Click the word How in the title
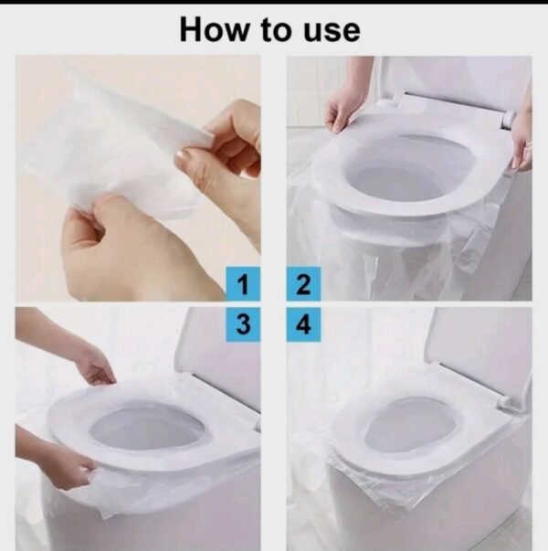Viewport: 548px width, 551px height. point(214,29)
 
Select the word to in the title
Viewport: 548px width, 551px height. point(276,30)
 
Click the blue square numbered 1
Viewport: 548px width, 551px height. point(243,284)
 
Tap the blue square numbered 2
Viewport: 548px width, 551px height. point(303,284)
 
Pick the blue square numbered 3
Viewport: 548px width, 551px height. point(243,324)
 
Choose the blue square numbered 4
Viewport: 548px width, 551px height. point(303,324)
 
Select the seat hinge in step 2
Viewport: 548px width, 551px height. point(508,120)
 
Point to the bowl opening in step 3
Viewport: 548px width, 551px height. point(147,430)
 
